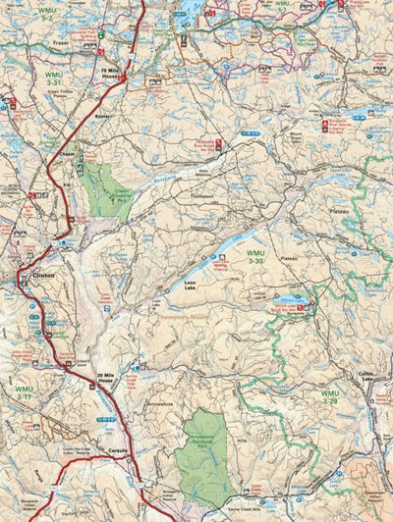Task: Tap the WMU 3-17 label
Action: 24,393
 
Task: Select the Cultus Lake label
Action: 366,380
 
